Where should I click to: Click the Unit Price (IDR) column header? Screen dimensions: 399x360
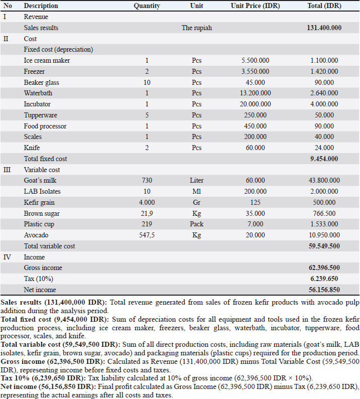(x=255, y=6)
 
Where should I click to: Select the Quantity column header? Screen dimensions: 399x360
(x=147, y=6)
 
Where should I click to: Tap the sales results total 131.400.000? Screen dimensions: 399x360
(x=324, y=28)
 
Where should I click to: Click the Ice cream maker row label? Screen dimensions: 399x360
(x=47, y=61)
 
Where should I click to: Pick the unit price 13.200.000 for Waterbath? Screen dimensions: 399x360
(x=255, y=93)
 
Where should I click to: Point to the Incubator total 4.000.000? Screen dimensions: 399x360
(x=324, y=104)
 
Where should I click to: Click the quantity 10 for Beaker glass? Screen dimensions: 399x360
(x=147, y=83)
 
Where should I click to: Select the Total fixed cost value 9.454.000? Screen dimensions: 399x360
(x=324, y=159)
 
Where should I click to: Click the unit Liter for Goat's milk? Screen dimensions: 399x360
(x=197, y=181)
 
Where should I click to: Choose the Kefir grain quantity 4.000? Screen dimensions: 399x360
(x=147, y=203)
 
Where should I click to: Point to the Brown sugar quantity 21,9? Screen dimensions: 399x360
(x=147, y=214)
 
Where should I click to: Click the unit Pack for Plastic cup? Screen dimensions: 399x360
(x=197, y=224)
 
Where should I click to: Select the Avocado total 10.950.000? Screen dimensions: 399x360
(x=324, y=235)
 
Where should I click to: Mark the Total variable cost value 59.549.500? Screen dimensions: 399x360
(x=324, y=246)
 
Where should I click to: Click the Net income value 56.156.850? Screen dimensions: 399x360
(x=324, y=290)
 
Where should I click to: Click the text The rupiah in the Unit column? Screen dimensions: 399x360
(x=197, y=28)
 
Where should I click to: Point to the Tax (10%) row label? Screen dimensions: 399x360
(x=39, y=279)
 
